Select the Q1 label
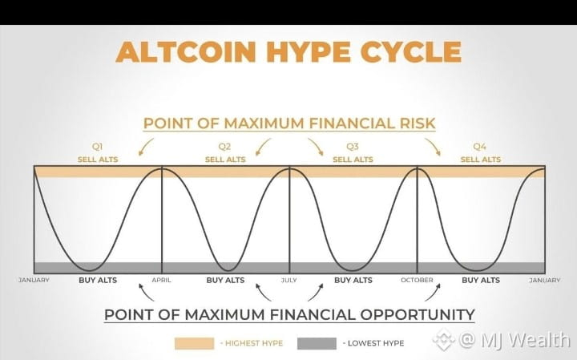tap(97, 147)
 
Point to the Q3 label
tap(352, 147)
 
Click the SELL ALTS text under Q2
tap(225, 160)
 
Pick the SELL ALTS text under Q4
tap(481, 160)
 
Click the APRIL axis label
tap(162, 280)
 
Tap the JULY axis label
tap(288, 280)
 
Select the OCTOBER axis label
tap(417, 280)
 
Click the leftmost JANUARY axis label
tap(34, 280)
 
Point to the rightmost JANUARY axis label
tap(545, 280)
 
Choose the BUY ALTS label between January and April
tap(98, 280)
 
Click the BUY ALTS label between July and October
tap(353, 280)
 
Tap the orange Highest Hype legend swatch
tap(194, 343)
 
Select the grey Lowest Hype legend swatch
tap(317, 343)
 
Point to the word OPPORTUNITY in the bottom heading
tap(418, 315)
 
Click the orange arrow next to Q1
tap(146, 147)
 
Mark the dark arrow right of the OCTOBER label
tap(433, 293)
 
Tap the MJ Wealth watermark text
tap(515, 339)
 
